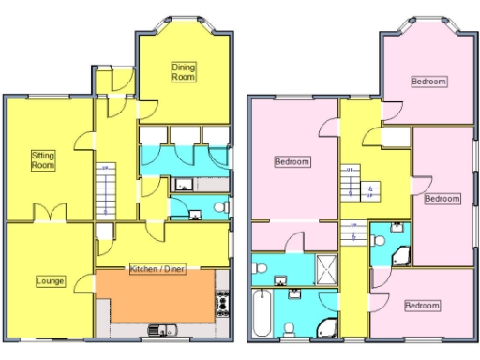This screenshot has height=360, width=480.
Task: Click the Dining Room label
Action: coord(183,71)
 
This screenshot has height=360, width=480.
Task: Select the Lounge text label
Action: coord(50,279)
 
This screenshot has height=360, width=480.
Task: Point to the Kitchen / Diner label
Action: coord(157,268)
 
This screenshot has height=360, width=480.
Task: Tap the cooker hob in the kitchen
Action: coord(223,302)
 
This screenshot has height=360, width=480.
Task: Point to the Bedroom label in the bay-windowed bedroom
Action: coord(428,82)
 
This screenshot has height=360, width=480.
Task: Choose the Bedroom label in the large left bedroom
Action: coord(292,161)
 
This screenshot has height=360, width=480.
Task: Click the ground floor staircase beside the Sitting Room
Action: coord(105,191)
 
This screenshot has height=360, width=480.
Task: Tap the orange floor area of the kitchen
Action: coord(155,295)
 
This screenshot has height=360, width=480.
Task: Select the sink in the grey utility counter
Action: coord(183,185)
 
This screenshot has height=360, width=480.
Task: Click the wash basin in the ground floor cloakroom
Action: coord(195,215)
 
